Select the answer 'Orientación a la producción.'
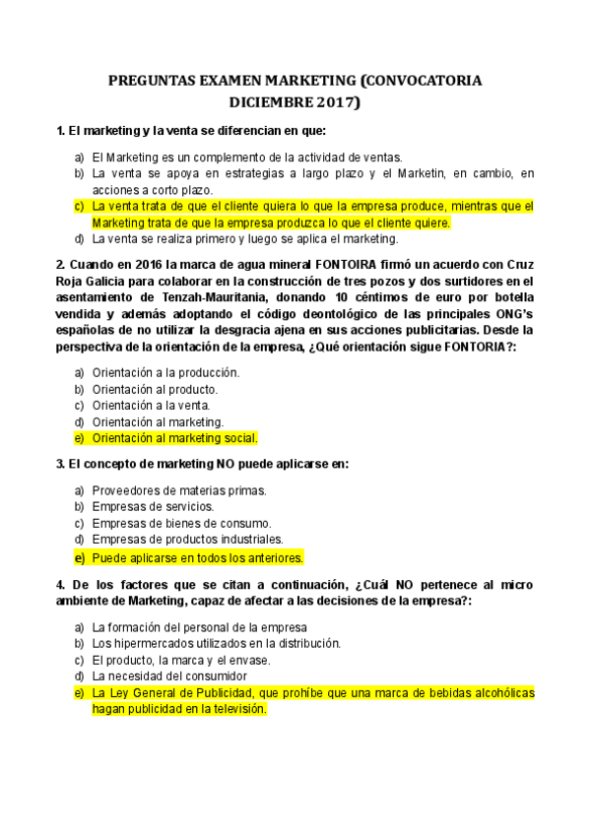(165, 372)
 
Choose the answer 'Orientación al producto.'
(155, 389)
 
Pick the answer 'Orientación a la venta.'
(151, 405)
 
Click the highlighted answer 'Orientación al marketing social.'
(174, 438)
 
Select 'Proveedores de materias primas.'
(178, 489)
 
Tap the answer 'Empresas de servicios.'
(153, 506)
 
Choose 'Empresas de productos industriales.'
(187, 540)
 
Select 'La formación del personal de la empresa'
(200, 626)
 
